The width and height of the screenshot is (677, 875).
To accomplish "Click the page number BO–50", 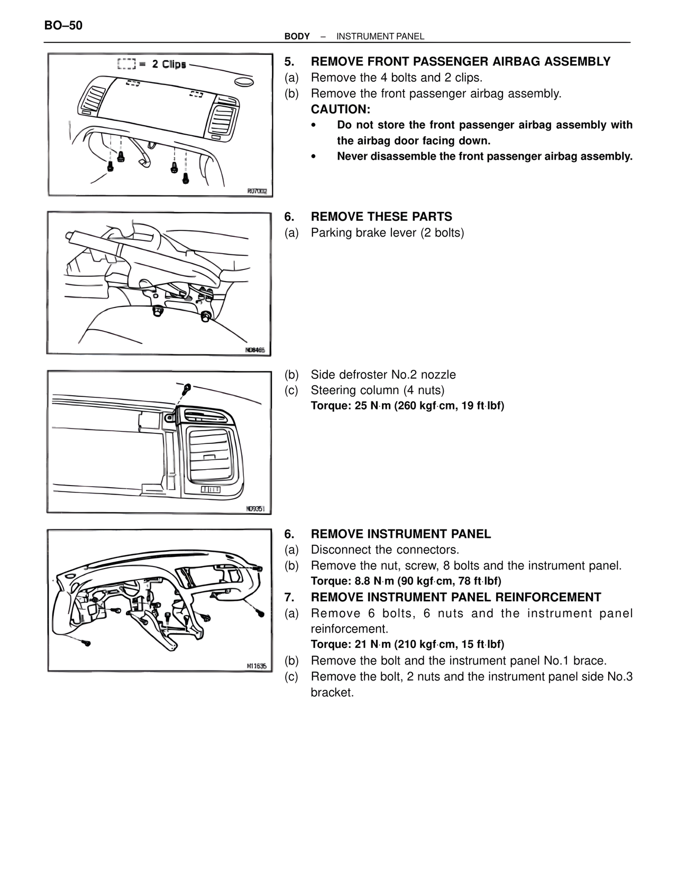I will [63, 25].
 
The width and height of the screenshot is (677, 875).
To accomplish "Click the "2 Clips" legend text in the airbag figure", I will [169, 64].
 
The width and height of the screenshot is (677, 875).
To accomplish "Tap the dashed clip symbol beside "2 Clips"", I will [126, 64].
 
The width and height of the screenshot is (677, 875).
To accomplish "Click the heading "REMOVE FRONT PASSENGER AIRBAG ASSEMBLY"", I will [460, 62].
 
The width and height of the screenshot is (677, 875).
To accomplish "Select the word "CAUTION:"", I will [341, 109].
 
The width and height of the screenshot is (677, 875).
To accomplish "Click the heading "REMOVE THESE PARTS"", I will [381, 217].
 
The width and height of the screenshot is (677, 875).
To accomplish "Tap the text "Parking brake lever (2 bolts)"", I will [387, 232].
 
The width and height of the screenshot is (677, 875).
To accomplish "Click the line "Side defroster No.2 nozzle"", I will [383, 375].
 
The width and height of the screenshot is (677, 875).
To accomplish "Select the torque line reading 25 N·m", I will [407, 406].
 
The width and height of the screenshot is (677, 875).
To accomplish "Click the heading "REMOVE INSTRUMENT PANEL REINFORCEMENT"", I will [455, 597].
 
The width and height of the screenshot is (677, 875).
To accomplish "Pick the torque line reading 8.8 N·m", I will [406, 581].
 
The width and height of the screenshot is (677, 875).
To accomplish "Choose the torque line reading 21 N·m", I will [407, 644].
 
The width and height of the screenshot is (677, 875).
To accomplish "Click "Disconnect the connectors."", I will [385, 550].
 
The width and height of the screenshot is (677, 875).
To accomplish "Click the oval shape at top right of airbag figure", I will [243, 81].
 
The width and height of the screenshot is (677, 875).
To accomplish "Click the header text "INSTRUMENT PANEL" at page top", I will [380, 36].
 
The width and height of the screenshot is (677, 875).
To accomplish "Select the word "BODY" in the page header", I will [297, 36].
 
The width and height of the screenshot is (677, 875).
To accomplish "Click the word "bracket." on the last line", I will [332, 692].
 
